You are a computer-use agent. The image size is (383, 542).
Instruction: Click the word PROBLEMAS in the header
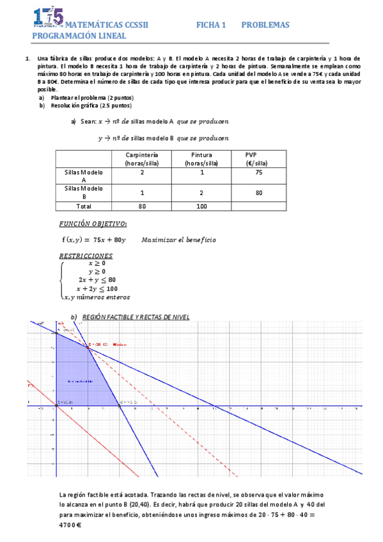265,25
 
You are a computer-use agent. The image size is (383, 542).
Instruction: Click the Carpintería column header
142,159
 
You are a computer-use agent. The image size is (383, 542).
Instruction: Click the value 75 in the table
258,173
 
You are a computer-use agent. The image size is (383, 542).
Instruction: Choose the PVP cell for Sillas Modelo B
258,193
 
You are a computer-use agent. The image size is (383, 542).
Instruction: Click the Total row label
83,206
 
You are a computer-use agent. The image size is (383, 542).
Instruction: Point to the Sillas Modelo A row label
83,176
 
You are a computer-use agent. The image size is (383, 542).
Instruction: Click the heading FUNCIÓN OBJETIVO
93,224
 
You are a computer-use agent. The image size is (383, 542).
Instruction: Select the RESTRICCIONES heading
90,255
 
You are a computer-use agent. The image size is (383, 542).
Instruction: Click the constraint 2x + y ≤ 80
97,279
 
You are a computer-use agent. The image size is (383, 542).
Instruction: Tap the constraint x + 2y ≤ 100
97,288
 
